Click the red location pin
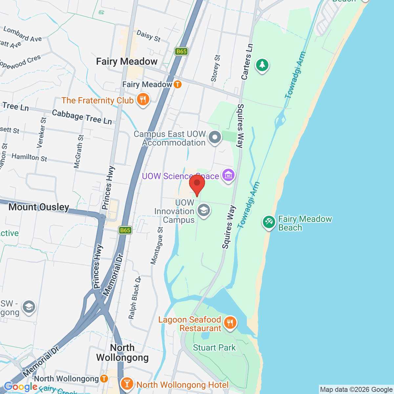[197, 184]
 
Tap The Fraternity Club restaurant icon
[143, 99]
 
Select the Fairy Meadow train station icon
[177, 84]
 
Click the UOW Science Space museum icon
[228, 175]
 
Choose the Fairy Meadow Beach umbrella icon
[269, 222]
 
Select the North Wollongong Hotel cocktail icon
[126, 383]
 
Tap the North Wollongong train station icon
[104, 379]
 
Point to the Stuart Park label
[214, 348]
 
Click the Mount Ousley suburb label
[39, 207]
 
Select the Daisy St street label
[148, 36]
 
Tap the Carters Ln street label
[247, 61]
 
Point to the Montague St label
[157, 246]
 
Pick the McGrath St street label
[78, 151]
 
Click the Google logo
[20, 387]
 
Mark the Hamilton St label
[29, 157]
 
